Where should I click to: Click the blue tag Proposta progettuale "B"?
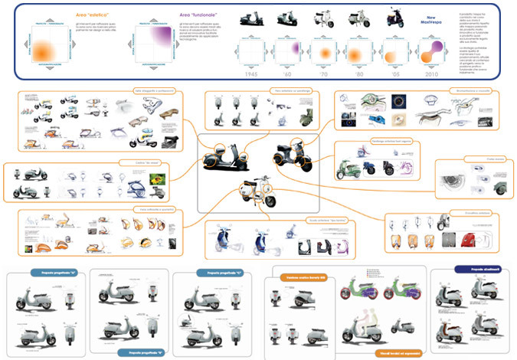[144, 352]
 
